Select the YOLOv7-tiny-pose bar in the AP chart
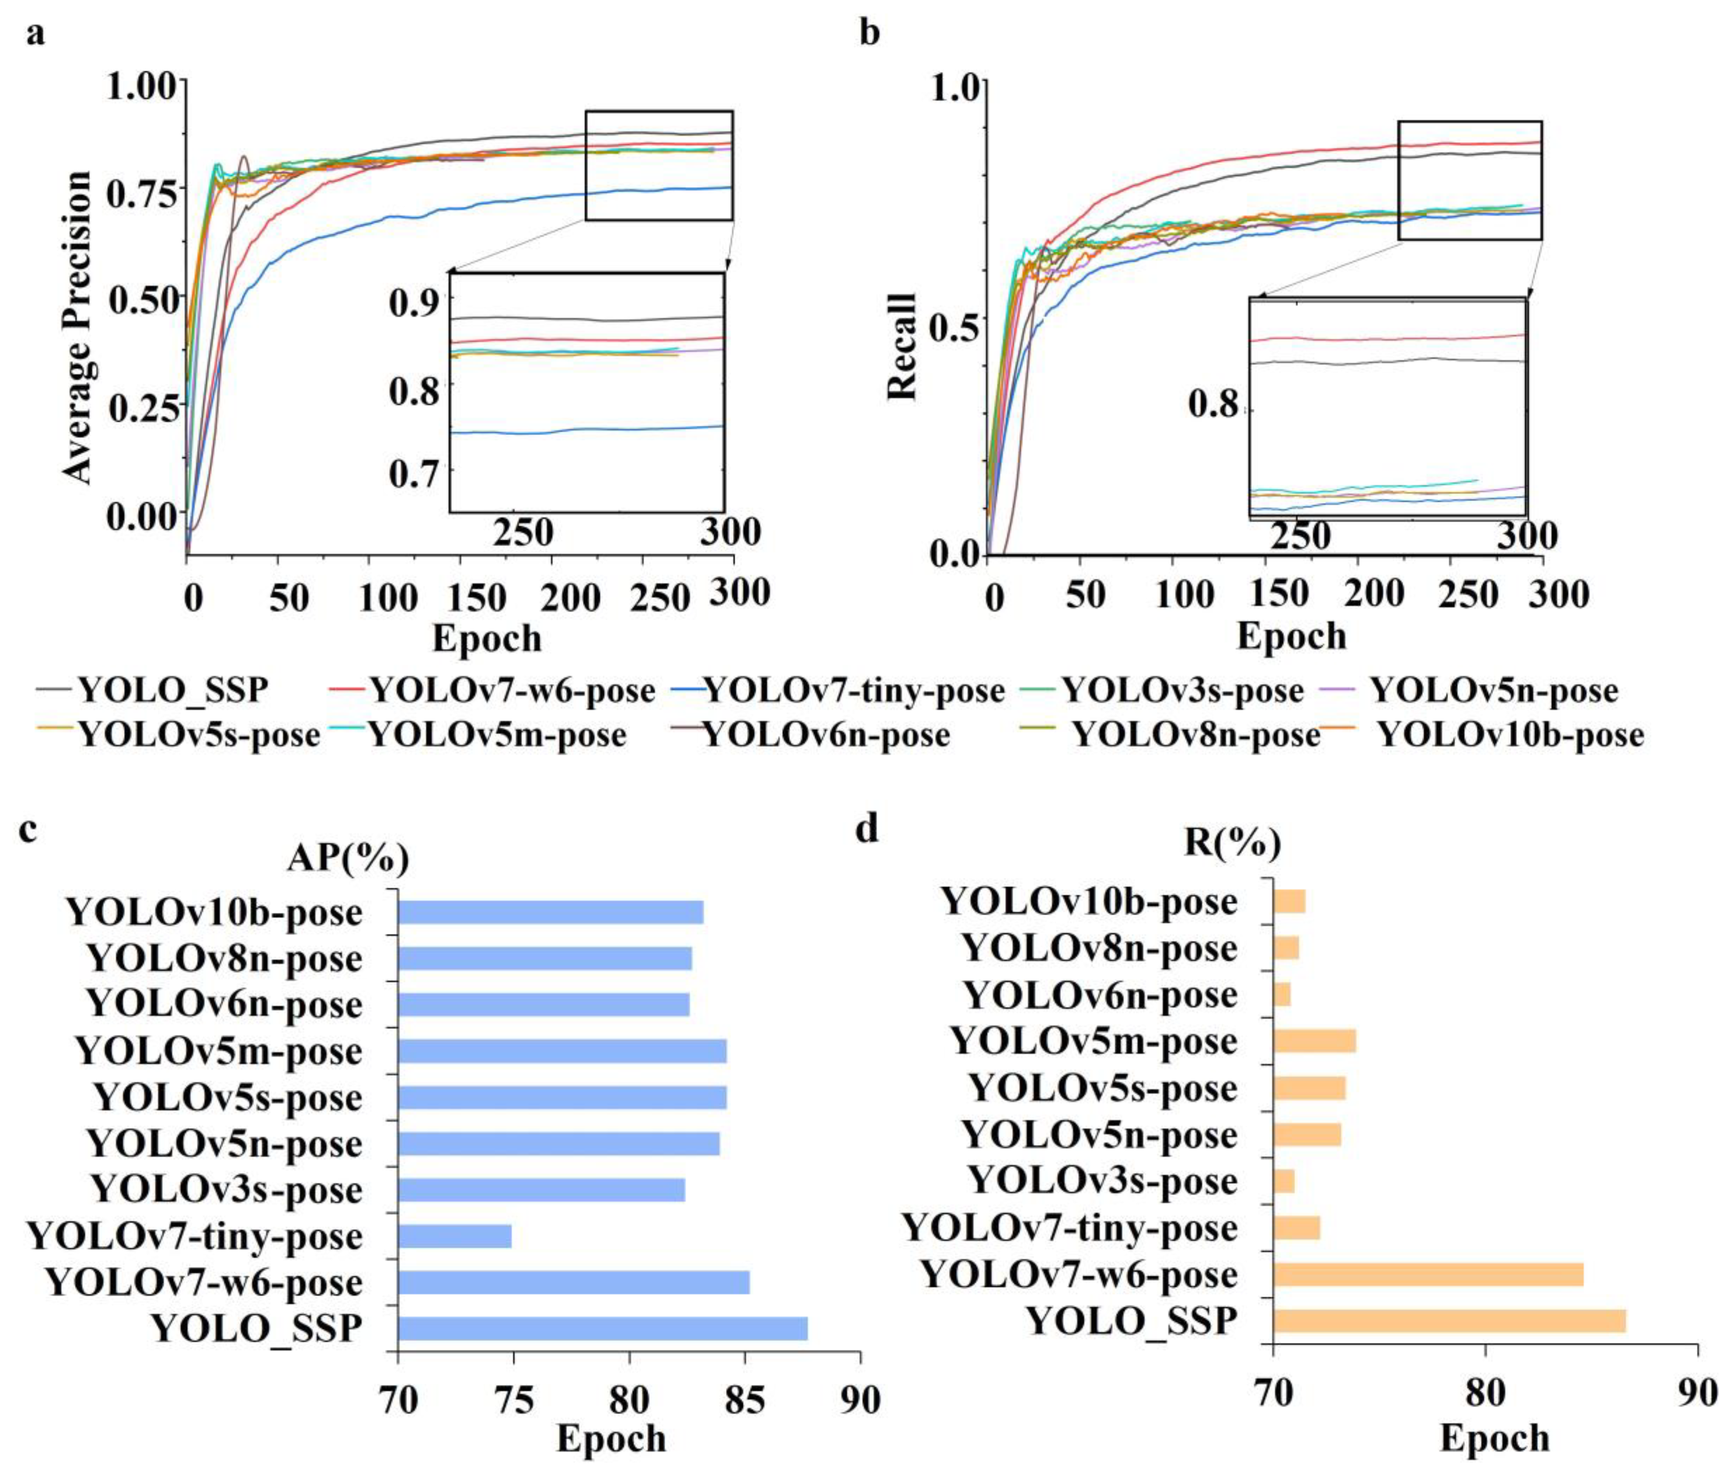[x=454, y=1236]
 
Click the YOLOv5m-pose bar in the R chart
[x=1315, y=1041]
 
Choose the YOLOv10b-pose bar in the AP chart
[x=551, y=912]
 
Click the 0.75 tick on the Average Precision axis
[x=142, y=194]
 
